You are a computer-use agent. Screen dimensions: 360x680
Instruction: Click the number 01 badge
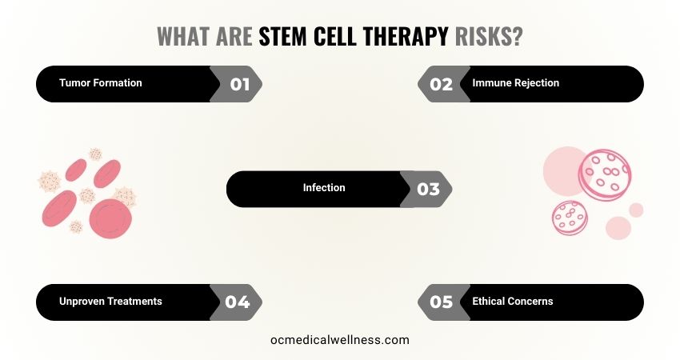click(239, 84)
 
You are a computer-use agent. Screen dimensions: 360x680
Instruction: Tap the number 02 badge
click(441, 84)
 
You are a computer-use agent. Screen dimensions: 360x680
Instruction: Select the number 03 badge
click(428, 190)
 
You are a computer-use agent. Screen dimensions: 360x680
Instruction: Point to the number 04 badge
click(238, 302)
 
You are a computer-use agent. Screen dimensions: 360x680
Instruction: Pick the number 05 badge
click(441, 302)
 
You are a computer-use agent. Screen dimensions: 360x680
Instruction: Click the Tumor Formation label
click(101, 83)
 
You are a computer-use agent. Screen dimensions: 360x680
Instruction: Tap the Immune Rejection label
click(516, 83)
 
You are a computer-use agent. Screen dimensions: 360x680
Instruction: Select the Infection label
click(324, 188)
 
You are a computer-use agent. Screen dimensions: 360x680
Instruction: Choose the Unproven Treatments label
click(110, 302)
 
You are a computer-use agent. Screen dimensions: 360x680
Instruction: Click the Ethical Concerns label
click(513, 302)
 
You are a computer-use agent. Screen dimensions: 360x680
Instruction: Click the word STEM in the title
click(286, 37)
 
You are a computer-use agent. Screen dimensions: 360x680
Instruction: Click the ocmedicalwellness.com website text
click(340, 340)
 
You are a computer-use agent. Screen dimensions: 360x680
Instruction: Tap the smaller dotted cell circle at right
click(570, 219)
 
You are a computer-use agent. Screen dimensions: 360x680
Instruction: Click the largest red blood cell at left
click(110, 218)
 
